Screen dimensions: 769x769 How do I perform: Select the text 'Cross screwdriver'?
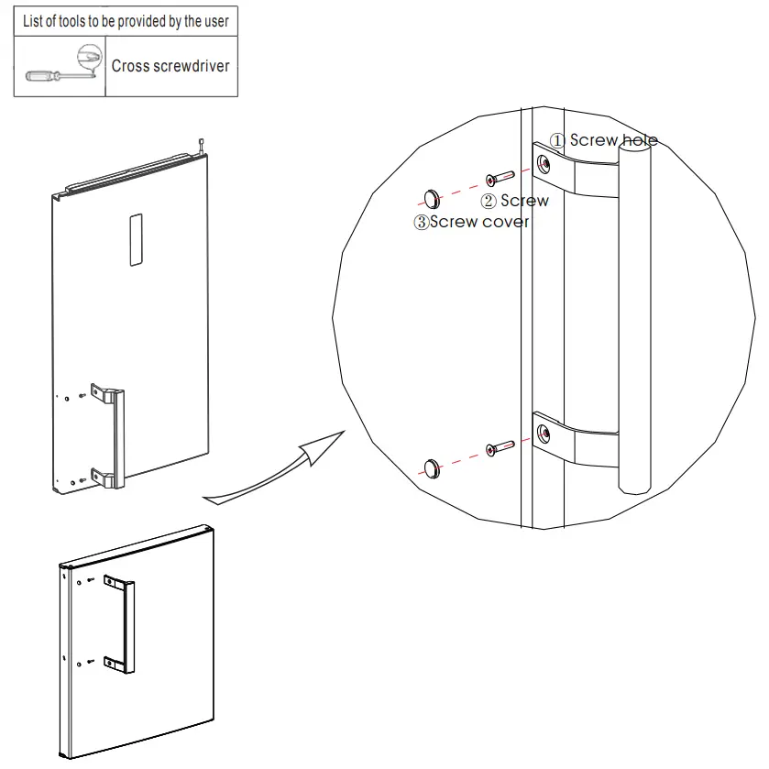tap(170, 66)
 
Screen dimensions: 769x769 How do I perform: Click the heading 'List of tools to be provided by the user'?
tap(126, 21)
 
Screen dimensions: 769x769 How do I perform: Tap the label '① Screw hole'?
tap(603, 140)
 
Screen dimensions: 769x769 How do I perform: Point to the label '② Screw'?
tap(515, 201)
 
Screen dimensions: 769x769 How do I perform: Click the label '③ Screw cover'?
tap(471, 222)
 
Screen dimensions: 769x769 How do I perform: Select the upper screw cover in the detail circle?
tap(433, 197)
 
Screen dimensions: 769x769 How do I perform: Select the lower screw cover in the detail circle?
tap(433, 467)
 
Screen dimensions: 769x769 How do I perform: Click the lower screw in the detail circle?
tap(500, 448)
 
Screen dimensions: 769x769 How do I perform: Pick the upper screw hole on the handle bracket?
tap(544, 164)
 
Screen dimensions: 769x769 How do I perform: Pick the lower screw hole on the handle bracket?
tap(544, 432)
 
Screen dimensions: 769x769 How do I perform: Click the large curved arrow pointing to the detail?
tap(275, 467)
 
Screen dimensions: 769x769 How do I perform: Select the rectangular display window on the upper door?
tap(136, 240)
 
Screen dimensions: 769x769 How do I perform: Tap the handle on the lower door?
tap(126, 621)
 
